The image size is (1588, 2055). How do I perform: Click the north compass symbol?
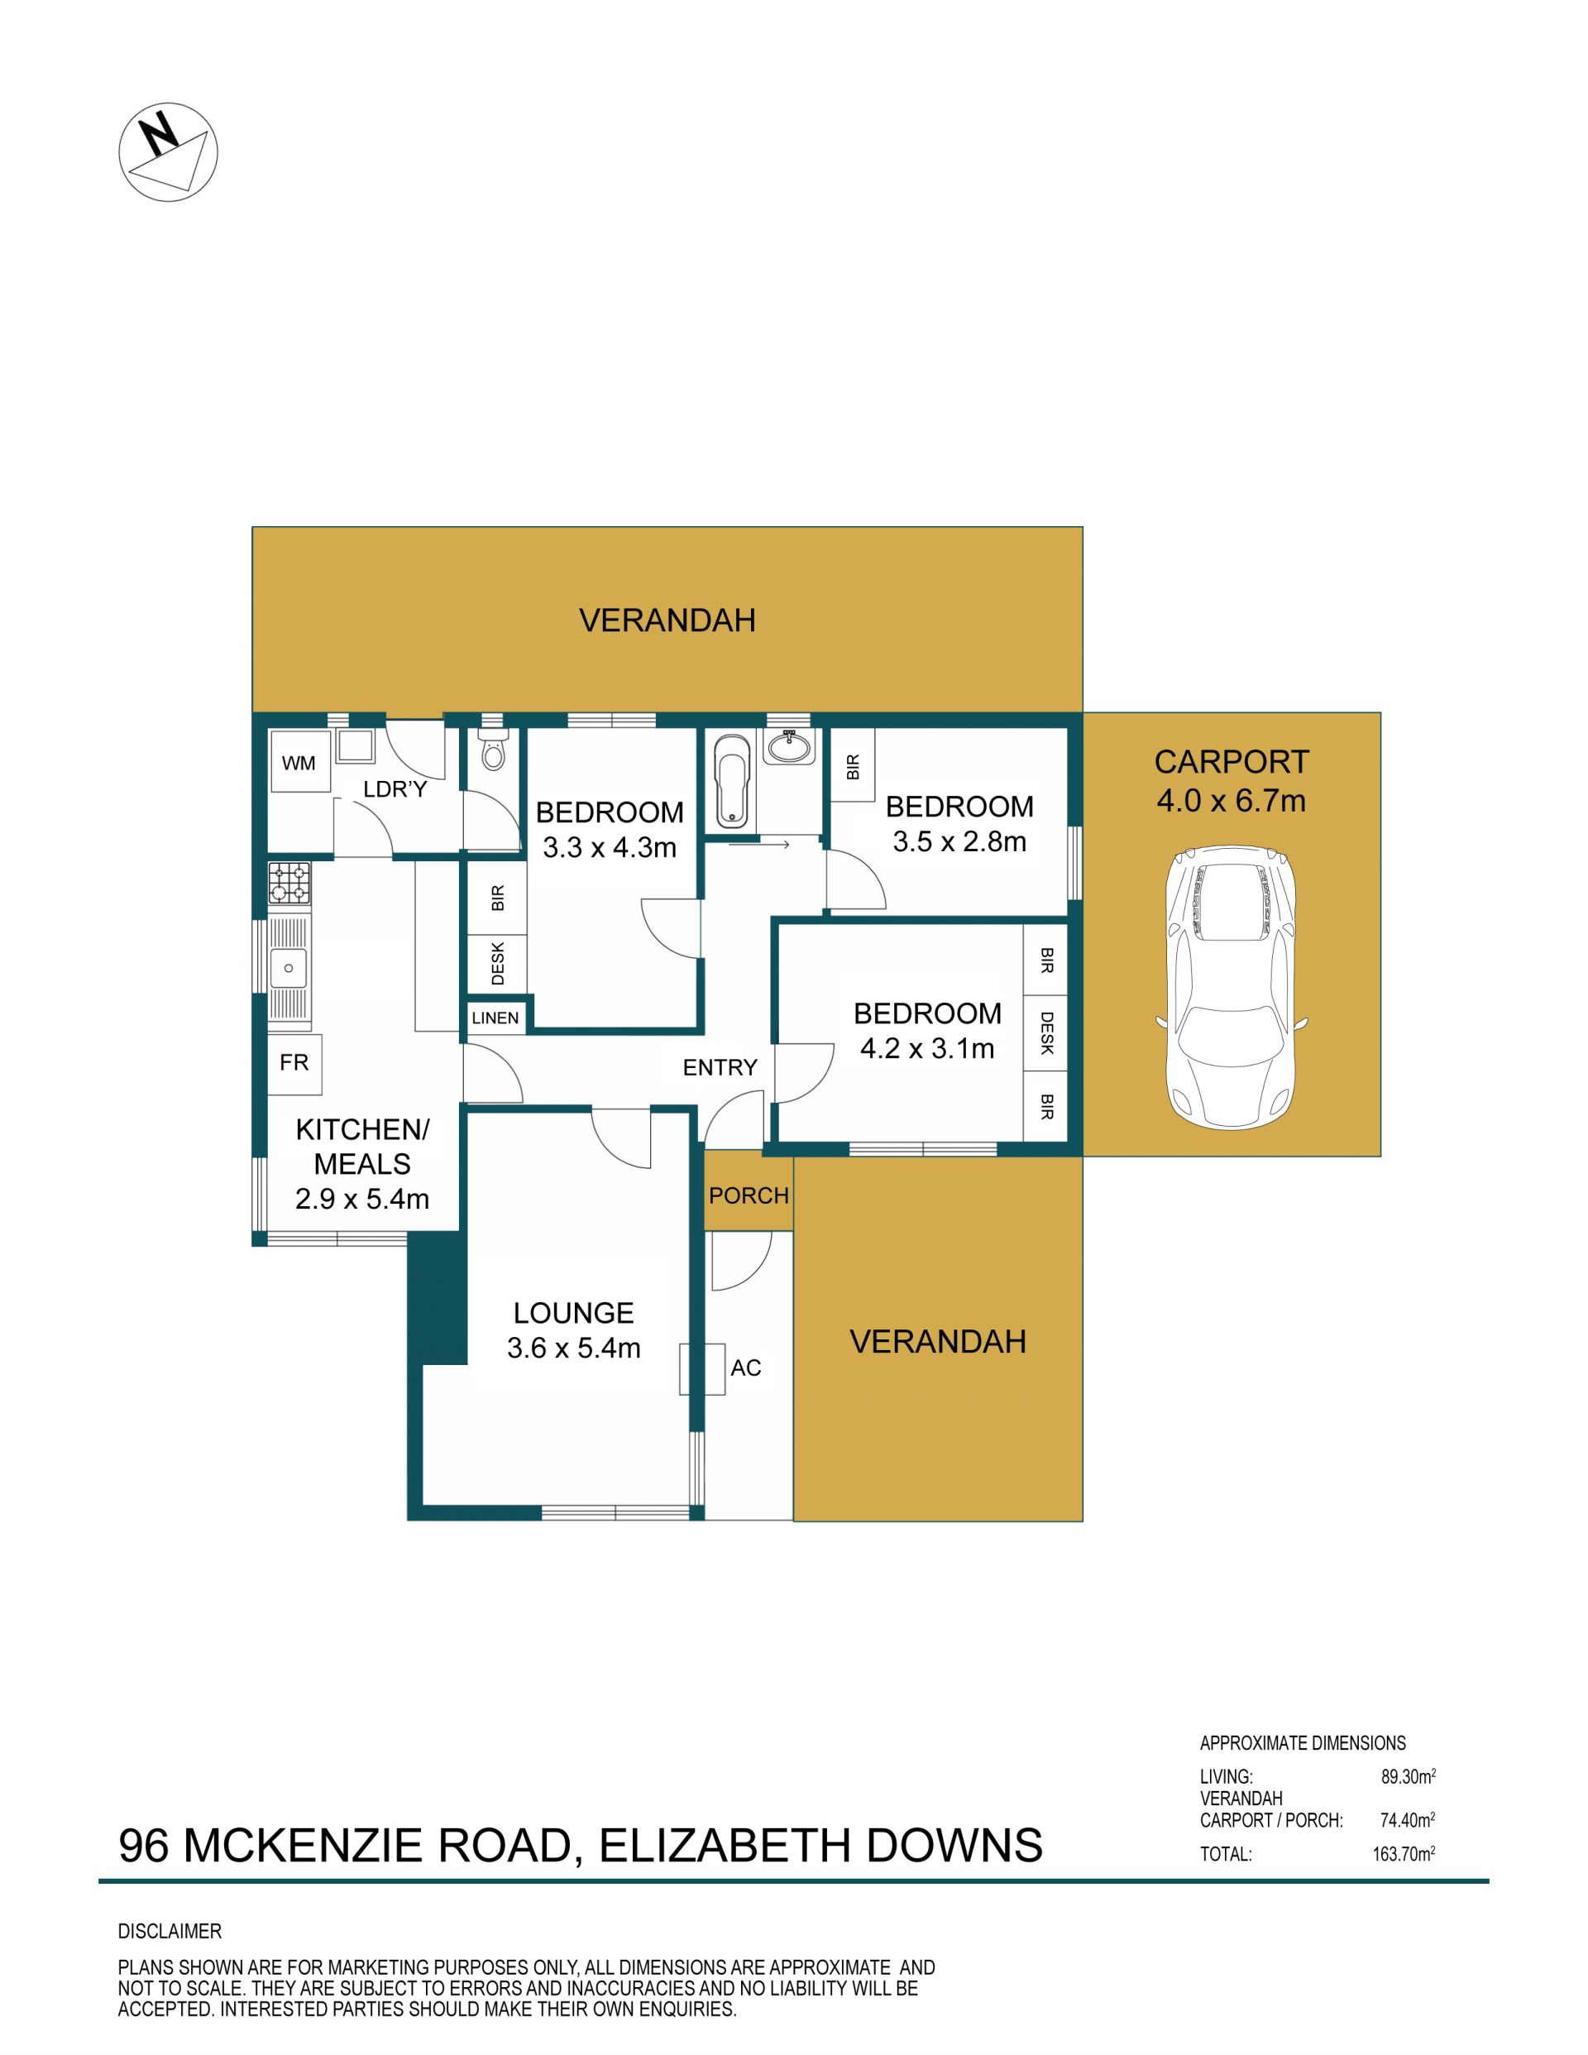pyautogui.click(x=169, y=151)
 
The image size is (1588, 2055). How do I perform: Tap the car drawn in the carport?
pyautogui.click(x=1232, y=987)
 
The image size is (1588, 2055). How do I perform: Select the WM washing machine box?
pyautogui.click(x=299, y=762)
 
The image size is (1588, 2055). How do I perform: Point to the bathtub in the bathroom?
pyautogui.click(x=731, y=781)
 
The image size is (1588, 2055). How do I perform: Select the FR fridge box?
pyautogui.click(x=294, y=1063)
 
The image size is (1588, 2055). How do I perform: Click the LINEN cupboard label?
pyautogui.click(x=495, y=1018)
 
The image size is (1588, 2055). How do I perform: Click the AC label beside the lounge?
pyautogui.click(x=746, y=1368)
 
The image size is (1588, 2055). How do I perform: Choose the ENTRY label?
pyautogui.click(x=720, y=1067)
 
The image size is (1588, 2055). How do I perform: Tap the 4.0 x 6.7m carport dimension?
pyautogui.click(x=1232, y=801)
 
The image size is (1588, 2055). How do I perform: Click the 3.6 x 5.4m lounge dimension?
pyautogui.click(x=574, y=1348)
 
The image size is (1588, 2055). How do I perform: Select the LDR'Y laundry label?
pyautogui.click(x=395, y=789)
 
